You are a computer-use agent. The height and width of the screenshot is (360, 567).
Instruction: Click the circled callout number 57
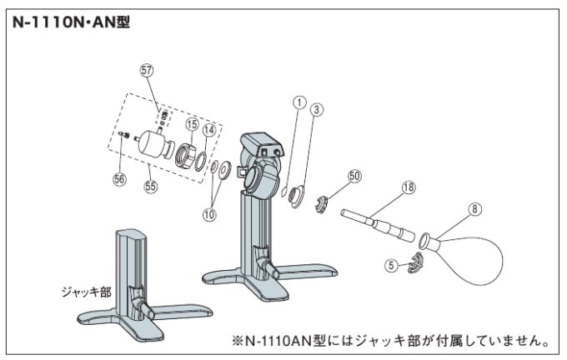(147, 72)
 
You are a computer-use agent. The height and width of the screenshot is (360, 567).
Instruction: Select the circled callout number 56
(120, 177)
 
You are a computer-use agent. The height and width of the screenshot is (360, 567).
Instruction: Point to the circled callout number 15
(191, 125)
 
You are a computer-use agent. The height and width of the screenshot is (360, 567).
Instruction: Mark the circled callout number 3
(318, 108)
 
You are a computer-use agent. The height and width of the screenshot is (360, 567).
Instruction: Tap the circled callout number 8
(474, 210)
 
